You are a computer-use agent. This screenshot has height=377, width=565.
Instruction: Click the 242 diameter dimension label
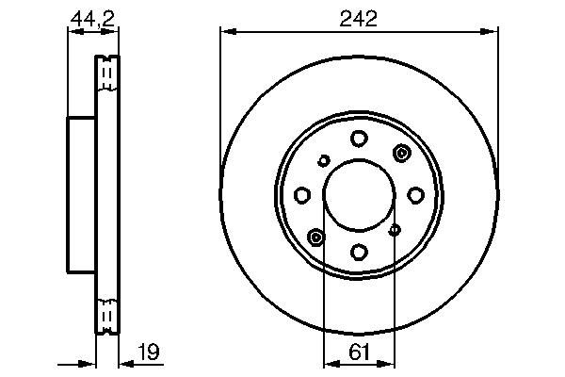click(358, 16)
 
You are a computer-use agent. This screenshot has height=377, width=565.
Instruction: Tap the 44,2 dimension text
click(92, 16)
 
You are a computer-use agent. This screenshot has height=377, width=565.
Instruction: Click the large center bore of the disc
click(359, 195)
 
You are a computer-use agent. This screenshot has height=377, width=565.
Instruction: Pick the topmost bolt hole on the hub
click(359, 139)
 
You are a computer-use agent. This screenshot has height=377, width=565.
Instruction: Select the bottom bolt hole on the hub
click(359, 252)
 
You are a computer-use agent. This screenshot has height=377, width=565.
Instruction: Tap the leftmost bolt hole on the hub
click(302, 195)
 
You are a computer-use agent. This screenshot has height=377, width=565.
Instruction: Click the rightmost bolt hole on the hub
click(415, 195)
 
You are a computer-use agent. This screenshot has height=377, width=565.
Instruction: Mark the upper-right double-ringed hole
click(402, 154)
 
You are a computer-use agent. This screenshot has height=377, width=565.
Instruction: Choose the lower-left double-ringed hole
click(315, 236)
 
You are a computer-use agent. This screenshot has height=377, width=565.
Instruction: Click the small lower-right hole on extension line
click(395, 230)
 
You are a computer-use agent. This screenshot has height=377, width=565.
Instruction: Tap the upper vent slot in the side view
click(106, 73)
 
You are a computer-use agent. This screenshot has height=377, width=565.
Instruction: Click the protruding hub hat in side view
click(81, 195)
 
